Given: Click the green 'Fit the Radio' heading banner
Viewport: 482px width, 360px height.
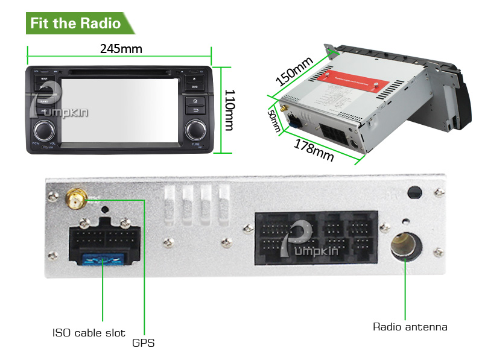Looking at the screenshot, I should point(76,24).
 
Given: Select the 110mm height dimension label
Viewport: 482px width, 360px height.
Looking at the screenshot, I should point(230,109).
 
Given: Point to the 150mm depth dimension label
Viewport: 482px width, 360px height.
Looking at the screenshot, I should point(294,71).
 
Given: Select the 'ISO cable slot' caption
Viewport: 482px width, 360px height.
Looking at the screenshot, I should point(89,332).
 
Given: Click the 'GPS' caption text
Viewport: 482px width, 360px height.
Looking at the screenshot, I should point(144,343).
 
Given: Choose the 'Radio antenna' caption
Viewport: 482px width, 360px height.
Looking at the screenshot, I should point(410,327).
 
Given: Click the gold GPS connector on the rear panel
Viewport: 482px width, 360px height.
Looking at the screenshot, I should point(77,197).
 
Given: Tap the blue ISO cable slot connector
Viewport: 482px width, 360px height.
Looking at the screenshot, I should point(103,261).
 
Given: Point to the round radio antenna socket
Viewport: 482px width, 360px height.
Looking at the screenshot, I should point(406,247).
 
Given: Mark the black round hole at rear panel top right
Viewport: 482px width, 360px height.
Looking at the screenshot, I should point(414,193).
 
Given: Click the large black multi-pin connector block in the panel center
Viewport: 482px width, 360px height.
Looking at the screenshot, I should point(316,236).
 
